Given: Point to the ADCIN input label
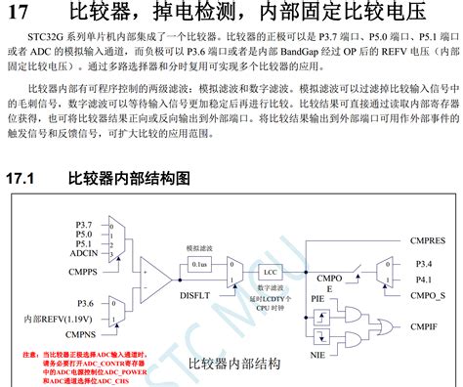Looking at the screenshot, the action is [x=83, y=253].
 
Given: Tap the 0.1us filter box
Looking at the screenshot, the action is [x=198, y=264].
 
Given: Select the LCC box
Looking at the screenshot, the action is [x=268, y=272].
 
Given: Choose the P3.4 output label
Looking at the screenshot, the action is [x=421, y=264].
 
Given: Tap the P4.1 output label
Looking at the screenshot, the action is [x=421, y=279].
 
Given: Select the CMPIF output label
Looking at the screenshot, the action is [x=427, y=326].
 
